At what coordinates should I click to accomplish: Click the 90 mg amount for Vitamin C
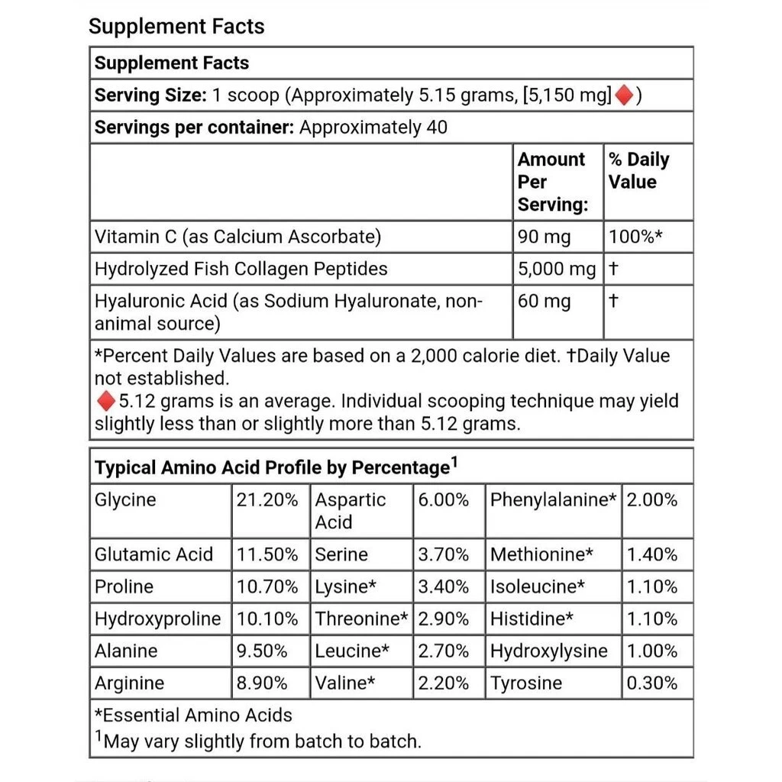(x=544, y=238)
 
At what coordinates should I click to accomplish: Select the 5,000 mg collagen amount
(x=556, y=269)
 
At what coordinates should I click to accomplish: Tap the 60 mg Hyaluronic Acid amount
(x=544, y=302)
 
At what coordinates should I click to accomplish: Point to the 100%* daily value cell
(x=635, y=238)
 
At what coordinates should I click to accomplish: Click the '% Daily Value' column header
(x=638, y=171)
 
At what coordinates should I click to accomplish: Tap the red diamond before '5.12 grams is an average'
(x=105, y=401)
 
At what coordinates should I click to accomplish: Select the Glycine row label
(x=125, y=500)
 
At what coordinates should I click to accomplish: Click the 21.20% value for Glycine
(x=267, y=500)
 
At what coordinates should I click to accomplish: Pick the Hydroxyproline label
(x=157, y=619)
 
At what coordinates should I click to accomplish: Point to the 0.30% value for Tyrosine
(x=652, y=683)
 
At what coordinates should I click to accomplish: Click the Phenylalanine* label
(x=553, y=500)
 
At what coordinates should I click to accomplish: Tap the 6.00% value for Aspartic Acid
(x=443, y=500)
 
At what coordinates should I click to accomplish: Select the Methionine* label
(x=541, y=554)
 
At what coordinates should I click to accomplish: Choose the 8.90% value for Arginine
(x=262, y=683)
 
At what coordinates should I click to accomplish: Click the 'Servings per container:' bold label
(x=194, y=128)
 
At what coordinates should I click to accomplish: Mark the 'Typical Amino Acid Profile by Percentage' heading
(x=271, y=467)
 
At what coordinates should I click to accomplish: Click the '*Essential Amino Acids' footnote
(x=193, y=716)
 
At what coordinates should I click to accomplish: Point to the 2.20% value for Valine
(x=443, y=683)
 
